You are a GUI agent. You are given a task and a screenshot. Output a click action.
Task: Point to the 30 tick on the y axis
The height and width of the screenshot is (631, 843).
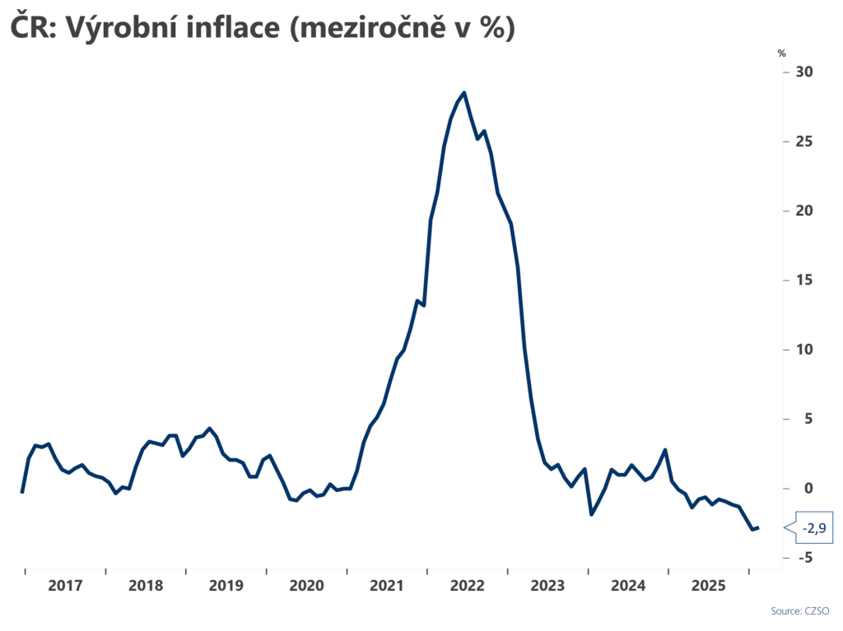pyautogui.click(x=803, y=72)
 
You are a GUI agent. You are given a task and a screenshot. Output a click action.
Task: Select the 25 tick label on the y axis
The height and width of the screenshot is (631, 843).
pyautogui.click(x=803, y=142)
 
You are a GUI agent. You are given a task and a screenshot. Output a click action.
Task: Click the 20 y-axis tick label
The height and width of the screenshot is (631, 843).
pyautogui.click(x=803, y=211)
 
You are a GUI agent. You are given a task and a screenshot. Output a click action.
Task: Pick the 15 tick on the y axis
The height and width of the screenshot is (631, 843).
pyautogui.click(x=803, y=281)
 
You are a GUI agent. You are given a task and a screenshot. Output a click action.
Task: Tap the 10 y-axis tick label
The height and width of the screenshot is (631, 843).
pyautogui.click(x=803, y=350)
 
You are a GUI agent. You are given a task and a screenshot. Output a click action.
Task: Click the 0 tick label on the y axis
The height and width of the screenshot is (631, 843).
pyautogui.click(x=808, y=489)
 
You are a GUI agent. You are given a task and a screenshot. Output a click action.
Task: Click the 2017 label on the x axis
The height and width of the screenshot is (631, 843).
pyautogui.click(x=65, y=586)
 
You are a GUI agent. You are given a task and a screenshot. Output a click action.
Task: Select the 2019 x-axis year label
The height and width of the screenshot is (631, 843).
pyautogui.click(x=226, y=586)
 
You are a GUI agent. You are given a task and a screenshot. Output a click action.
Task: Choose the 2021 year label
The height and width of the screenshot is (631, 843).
pyautogui.click(x=387, y=586)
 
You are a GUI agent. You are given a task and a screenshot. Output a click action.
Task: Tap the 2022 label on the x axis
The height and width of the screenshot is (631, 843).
pyautogui.click(x=468, y=586)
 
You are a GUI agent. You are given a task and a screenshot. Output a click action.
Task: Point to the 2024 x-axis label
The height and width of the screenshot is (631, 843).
pyautogui.click(x=628, y=586)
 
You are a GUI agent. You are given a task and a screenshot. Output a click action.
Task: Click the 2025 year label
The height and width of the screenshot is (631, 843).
pyautogui.click(x=709, y=586)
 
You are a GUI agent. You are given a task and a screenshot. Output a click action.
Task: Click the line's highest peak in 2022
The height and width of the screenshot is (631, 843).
pyautogui.click(x=464, y=92)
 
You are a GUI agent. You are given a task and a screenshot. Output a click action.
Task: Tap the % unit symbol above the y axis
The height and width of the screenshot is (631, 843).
pyautogui.click(x=781, y=53)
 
